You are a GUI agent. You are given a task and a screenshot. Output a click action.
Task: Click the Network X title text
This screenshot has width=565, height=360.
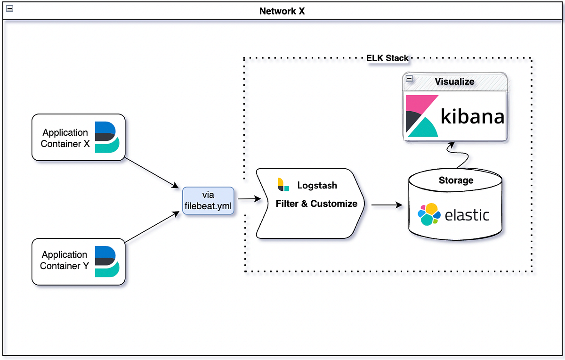tap(282, 11)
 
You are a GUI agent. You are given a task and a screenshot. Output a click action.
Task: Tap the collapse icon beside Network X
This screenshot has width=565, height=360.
tap(8, 8)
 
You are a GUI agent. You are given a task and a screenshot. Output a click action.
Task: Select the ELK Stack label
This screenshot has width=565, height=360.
tap(387, 58)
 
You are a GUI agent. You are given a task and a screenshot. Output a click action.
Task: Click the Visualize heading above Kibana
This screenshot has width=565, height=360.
tap(454, 82)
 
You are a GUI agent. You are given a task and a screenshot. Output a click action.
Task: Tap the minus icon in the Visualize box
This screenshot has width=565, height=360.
tap(409, 79)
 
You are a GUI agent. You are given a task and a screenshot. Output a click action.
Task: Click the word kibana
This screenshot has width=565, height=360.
tap(472, 116)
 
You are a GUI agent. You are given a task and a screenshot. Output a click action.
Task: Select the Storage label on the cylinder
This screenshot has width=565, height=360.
tap(456, 180)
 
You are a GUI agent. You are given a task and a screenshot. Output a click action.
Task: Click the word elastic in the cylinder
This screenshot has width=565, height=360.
tap(467, 215)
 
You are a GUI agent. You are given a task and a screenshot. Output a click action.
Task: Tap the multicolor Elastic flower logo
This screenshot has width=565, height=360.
tap(429, 214)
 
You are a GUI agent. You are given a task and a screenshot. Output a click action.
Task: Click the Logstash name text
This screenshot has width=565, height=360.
tap(317, 185)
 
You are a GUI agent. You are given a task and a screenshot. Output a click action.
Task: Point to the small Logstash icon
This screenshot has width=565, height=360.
tap(283, 185)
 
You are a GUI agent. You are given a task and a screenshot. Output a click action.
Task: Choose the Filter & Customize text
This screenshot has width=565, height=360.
tap(316, 204)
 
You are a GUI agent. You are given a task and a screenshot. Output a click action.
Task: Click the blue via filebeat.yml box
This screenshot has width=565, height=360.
tap(208, 201)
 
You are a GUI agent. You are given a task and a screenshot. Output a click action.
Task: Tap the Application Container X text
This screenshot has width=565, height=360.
tap(65, 138)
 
